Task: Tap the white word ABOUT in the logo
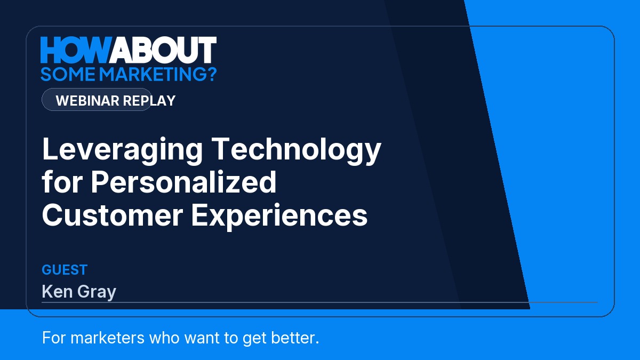[163, 50]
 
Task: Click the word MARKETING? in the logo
[158, 74]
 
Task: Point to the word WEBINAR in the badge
[87, 101]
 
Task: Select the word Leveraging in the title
[122, 150]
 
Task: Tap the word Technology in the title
[297, 150]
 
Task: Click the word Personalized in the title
[183, 182]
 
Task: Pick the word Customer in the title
[113, 215]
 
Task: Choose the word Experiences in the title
[279, 217]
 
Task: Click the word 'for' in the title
[62, 182]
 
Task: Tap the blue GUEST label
[65, 270]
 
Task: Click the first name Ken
[57, 291]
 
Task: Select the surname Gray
[97, 293]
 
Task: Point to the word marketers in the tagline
[107, 338]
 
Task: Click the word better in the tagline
[295, 338]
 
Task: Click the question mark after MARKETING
[211, 74]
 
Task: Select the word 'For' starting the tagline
[54, 338]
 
